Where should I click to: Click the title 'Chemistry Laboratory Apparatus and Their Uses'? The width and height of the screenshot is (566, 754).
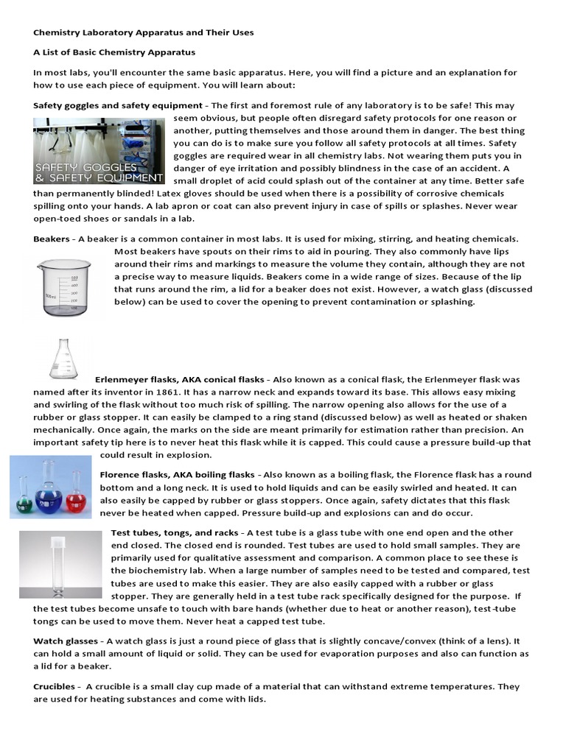[144, 33]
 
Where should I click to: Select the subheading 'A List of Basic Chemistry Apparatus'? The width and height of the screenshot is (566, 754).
[114, 53]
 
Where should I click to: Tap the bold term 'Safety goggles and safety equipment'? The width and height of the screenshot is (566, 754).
[118, 105]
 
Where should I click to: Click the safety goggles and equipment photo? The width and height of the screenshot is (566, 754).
[99, 151]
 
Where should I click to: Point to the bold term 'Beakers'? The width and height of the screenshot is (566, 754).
[52, 239]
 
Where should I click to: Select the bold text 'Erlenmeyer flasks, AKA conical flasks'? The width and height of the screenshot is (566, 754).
[179, 379]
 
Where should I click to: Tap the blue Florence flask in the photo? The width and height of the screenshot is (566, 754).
[49, 490]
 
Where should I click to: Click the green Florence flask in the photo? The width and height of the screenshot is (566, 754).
[25, 500]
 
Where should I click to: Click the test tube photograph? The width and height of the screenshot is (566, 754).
[60, 565]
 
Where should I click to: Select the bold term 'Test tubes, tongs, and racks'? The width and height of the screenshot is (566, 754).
[175, 532]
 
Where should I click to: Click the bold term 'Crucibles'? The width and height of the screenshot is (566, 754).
[54, 686]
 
